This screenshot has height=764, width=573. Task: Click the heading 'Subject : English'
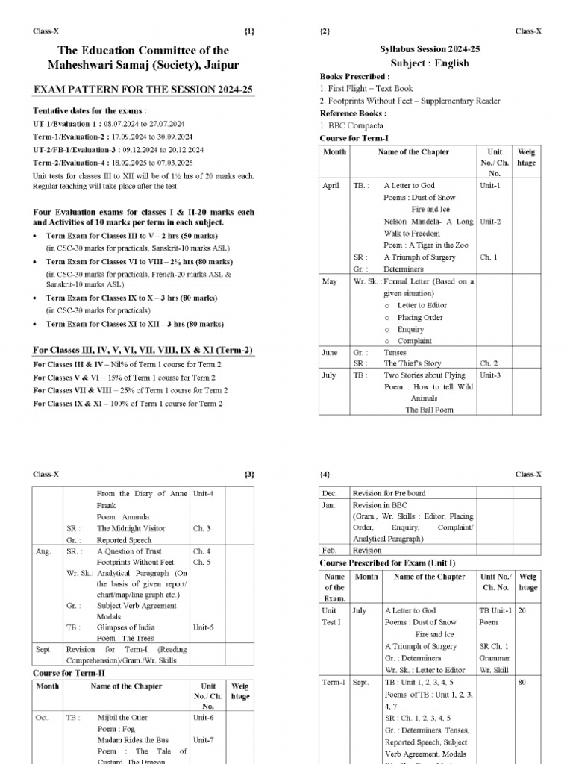[x=430, y=63]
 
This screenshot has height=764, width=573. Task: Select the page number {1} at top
[x=249, y=31]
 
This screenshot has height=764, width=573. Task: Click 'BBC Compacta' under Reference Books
[x=351, y=125]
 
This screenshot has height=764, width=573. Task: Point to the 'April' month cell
[x=331, y=186]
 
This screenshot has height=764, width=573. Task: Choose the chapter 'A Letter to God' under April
[x=410, y=186]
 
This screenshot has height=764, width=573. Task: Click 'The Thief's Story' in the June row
[x=413, y=364]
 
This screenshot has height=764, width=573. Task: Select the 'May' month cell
[x=329, y=281]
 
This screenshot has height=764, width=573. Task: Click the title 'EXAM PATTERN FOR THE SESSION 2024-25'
[x=143, y=89]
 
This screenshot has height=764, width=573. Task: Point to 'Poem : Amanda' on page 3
[x=122, y=516]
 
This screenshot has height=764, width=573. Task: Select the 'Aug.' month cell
[x=43, y=552]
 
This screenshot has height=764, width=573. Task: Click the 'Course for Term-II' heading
[x=73, y=673]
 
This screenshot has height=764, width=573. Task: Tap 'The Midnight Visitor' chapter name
[x=131, y=528]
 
